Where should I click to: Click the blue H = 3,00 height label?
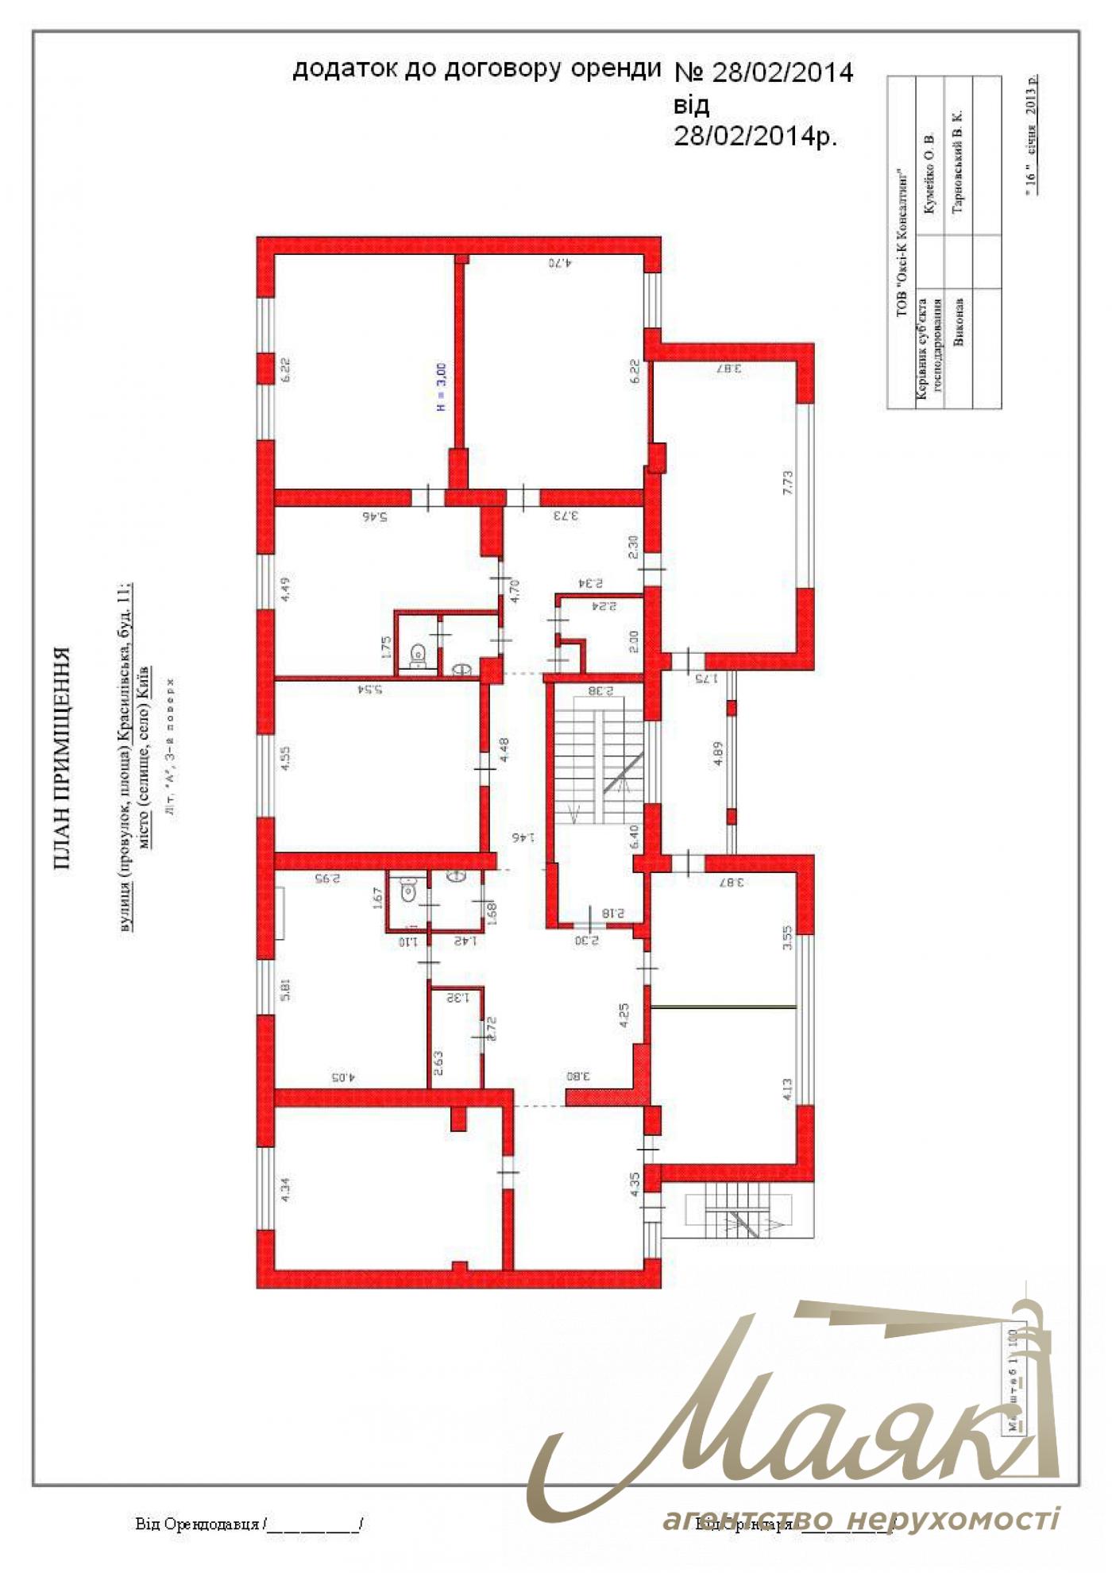[442, 388]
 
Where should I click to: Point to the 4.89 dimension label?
[718, 753]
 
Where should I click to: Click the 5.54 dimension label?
[372, 689]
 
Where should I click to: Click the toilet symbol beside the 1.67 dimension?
[407, 891]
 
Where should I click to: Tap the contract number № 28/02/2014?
[763, 72]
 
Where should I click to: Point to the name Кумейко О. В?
[930, 174]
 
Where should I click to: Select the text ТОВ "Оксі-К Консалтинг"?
[901, 242]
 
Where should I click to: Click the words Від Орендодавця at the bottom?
[197, 1523]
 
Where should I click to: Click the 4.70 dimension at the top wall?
[561, 262]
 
